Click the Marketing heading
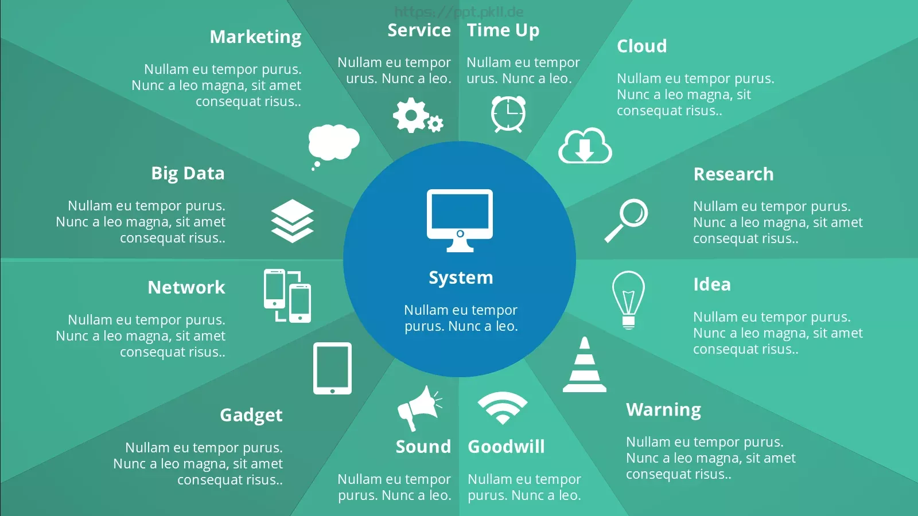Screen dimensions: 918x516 pos(255,37)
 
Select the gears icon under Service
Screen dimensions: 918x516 pos(418,115)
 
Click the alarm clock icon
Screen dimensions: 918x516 pos(508,114)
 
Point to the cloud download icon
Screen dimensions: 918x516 pos(585,146)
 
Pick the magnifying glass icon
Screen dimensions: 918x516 pos(626,220)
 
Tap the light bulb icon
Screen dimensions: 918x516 pos(628,300)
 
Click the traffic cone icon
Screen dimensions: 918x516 pos(585,365)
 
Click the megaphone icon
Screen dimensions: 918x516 pos(419,408)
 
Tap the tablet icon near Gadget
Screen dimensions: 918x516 pos(332,368)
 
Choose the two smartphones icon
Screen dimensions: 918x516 pos(287,296)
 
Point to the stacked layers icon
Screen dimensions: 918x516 pos(292,221)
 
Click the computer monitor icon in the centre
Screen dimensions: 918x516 pos(460,220)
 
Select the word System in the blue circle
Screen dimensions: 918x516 pos(461,277)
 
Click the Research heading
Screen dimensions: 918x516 pos(734,174)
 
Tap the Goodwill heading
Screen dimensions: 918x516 pos(506,447)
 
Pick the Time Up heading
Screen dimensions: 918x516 pos(503,30)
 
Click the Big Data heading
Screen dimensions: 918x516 pos(188,174)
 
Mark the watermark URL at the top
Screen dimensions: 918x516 pos(459,12)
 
